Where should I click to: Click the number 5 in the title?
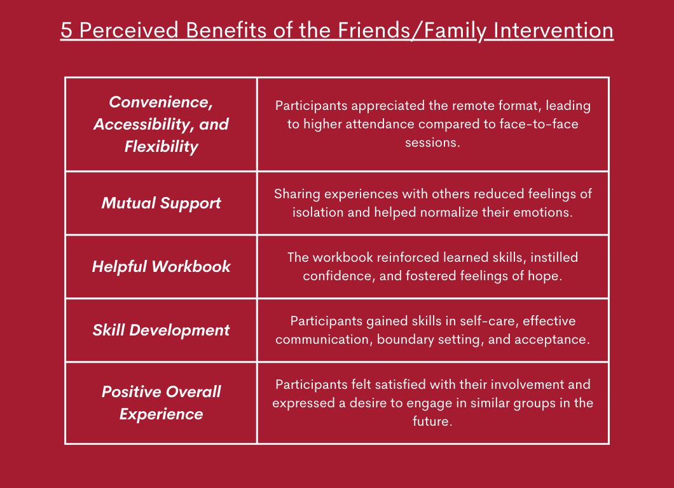click(66, 30)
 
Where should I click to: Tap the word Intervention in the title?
click(553, 30)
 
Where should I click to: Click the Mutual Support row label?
click(162, 203)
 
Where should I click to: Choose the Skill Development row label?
click(162, 330)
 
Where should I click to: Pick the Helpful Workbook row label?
click(162, 266)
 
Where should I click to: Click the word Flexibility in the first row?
click(162, 147)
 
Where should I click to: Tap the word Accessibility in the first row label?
click(142, 125)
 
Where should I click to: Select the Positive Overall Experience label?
click(162, 403)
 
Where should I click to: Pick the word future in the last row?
click(432, 421)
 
